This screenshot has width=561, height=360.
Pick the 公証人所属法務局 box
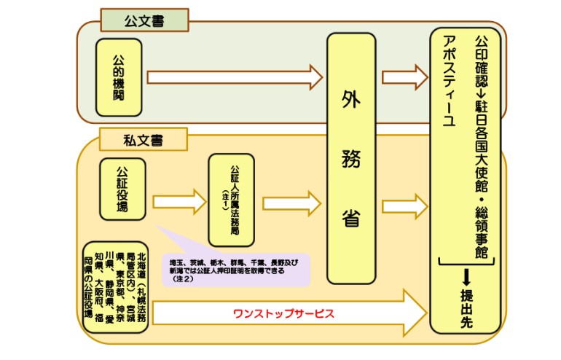(232, 199)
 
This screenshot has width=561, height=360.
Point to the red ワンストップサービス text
(283, 313)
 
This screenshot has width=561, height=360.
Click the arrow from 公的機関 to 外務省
(233, 77)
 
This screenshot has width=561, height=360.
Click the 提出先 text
(466, 310)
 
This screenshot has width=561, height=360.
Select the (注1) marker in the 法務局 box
(225, 199)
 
